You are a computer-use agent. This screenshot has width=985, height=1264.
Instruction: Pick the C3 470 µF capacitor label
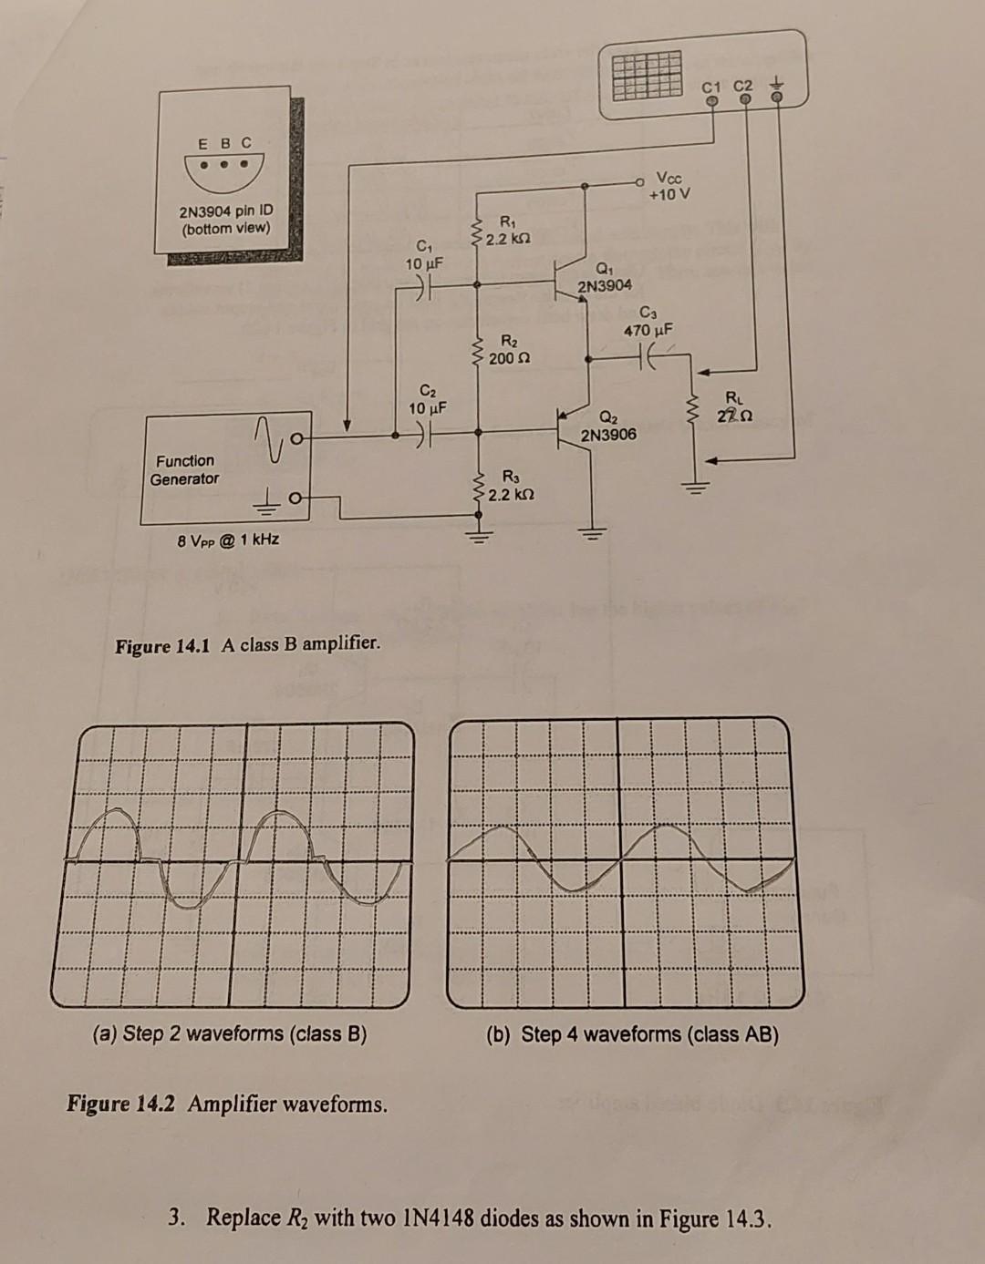coord(648,322)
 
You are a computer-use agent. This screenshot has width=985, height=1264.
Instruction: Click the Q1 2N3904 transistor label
coord(604,277)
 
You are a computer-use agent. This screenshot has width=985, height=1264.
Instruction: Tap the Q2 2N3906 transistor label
coord(608,426)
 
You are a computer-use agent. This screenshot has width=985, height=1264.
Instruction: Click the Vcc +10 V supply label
coord(670,186)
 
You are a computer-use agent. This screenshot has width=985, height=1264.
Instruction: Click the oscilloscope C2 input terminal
coord(745,99)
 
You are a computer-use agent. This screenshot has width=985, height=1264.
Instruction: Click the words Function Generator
coord(184,469)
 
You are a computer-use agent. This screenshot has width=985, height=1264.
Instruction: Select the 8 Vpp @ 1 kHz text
coord(228,540)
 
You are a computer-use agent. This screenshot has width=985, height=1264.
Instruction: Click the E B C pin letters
coord(224,143)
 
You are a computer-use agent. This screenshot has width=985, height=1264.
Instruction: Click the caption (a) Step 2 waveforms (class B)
coord(230,1033)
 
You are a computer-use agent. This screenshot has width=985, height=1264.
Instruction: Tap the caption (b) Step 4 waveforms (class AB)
coord(632,1034)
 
